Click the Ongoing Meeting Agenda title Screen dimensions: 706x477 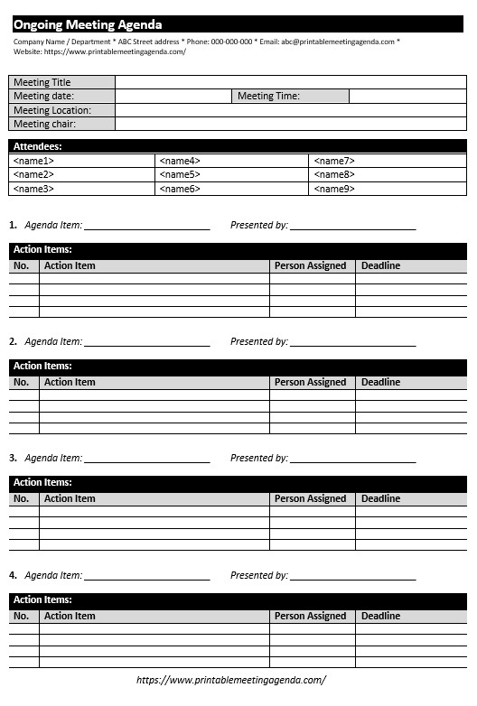pyautogui.click(x=88, y=25)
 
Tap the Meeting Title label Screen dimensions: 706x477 pyautogui.click(x=42, y=82)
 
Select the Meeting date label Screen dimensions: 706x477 pyautogui.click(x=43, y=96)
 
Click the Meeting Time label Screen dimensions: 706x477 pyautogui.click(x=268, y=96)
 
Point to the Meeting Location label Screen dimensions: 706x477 pyautogui.click(x=52, y=110)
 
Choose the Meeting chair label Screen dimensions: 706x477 pyautogui.click(x=45, y=124)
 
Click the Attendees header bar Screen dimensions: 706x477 pyautogui.click(x=238, y=145)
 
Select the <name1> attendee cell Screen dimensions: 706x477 pyautogui.click(x=34, y=161)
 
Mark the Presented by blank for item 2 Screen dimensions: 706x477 pyautogui.click(x=352, y=343)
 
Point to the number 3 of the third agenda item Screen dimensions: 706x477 pyautogui.click(x=13, y=459)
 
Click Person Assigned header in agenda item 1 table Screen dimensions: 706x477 pyautogui.click(x=310, y=266)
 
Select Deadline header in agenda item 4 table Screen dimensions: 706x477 pyautogui.click(x=380, y=617)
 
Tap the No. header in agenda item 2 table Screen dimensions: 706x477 pyautogui.click(x=22, y=383)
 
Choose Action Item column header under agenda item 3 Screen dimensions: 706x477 pyautogui.click(x=70, y=499)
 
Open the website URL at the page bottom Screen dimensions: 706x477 pyautogui.click(x=231, y=680)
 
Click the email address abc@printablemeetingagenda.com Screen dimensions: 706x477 pyautogui.click(x=337, y=42)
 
